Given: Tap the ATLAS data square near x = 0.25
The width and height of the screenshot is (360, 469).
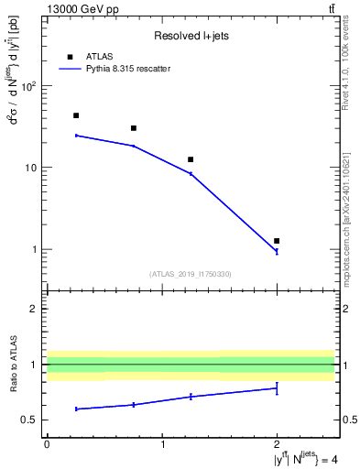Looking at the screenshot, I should pos(76,115).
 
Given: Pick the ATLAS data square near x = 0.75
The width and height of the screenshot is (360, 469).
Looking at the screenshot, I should pos(134,128).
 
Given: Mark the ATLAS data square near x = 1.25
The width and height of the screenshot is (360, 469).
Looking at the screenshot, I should pos(191,159).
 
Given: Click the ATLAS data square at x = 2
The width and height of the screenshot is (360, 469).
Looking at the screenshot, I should pos(277,241).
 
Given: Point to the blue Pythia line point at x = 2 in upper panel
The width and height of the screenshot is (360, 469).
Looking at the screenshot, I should pos(277,251).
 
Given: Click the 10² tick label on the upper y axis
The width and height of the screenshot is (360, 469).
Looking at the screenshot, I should pos(27,87).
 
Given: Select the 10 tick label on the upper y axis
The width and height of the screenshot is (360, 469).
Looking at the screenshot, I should pos(30,169).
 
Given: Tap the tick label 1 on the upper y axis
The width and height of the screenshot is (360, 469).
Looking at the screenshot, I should pos(34,250).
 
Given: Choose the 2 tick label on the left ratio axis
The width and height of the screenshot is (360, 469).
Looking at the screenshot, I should pos(34,310).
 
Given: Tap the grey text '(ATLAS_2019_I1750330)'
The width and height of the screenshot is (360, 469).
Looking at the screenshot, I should pos(191,274).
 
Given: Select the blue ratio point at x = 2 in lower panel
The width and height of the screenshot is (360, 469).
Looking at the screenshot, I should pos(277,388).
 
